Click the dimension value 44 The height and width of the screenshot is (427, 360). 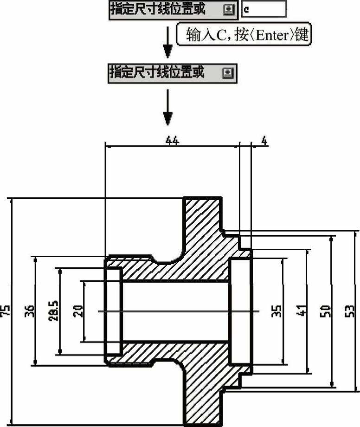173,141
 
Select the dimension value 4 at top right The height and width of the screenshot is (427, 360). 264,141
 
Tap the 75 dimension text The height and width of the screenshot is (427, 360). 6,311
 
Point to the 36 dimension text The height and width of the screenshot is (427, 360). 30,311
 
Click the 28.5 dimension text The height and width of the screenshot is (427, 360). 53,311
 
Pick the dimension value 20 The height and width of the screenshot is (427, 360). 78,311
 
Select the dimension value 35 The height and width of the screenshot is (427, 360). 276,311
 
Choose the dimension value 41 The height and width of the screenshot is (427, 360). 301,311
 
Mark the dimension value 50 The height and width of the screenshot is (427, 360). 325,311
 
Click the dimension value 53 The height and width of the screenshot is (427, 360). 350,311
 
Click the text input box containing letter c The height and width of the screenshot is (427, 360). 264,9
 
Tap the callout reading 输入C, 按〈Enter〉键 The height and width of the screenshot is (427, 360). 244,34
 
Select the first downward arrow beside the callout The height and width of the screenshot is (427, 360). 167,42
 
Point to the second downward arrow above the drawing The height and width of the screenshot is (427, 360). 167,107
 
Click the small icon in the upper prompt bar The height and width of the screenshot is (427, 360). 229,10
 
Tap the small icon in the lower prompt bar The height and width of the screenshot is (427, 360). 228,73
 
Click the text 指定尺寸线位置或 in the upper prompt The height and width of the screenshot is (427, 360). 158,9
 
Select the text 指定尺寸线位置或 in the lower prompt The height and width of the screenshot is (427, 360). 157,72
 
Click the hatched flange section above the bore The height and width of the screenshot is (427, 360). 203,234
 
